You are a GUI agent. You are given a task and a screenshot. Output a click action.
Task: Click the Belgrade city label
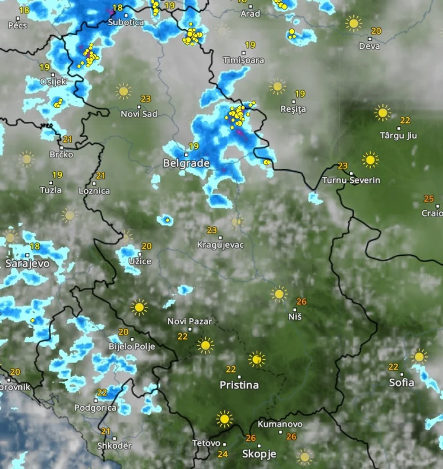pos(186,163)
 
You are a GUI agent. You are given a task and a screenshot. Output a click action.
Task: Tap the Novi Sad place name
pos(139,114)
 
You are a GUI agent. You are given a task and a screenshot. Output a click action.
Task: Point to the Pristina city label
pos(239,385)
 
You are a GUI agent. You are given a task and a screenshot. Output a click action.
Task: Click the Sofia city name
pos(402,383)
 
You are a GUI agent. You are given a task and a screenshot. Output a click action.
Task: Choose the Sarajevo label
pos(27,263)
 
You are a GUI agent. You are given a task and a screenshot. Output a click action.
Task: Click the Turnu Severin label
pos(351,180)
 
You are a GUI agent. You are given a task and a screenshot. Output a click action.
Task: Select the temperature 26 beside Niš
pos(301,301)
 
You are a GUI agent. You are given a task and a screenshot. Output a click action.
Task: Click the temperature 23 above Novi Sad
pos(146,99)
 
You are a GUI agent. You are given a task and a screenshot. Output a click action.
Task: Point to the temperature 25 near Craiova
pos(429,199)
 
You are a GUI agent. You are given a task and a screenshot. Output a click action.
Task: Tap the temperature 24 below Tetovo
pos(223,454)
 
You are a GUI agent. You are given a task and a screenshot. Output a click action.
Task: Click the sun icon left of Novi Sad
pos(123,90)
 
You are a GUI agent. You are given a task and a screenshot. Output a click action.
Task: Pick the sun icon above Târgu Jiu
pos(382,112)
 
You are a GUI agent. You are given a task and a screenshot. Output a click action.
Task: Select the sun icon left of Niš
pos(279,293)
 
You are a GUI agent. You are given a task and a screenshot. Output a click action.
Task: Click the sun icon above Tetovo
pos(224,419)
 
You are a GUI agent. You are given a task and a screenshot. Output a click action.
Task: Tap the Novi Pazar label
pos(190,321)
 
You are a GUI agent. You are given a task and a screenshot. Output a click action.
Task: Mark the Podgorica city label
pos(95,408)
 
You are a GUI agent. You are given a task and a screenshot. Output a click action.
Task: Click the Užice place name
pos(140,261)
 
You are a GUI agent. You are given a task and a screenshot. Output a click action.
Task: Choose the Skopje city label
pos(259,454)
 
